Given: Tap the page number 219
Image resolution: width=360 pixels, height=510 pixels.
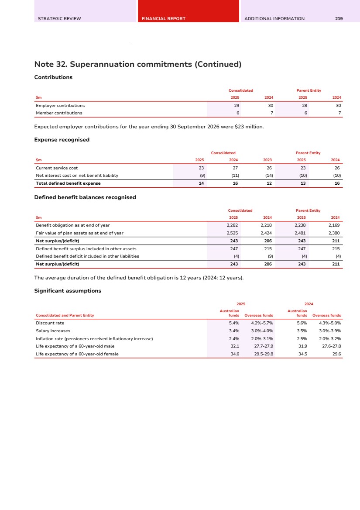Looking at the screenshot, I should tap(339, 19).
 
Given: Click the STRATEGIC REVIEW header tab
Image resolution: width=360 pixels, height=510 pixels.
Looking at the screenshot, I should tap(59, 19).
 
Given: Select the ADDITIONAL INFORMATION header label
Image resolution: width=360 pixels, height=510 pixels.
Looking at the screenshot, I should tap(274, 19).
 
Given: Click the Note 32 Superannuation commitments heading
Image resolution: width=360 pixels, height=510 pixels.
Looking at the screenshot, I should tap(138, 65).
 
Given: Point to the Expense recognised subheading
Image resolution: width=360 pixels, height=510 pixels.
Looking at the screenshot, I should tap(62, 140).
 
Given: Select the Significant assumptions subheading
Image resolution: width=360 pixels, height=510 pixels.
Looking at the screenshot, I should tap(68, 291).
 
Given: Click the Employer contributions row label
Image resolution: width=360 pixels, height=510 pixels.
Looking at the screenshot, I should tap(60, 106).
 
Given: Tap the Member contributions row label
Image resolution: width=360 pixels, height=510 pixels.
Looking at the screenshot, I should tap(59, 113).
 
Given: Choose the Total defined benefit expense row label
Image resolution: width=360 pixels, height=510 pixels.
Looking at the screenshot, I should tap(68, 183).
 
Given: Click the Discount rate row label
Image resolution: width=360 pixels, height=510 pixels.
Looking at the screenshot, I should tap(50, 323).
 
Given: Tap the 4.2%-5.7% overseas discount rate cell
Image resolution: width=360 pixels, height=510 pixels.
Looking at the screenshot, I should tap(262, 323).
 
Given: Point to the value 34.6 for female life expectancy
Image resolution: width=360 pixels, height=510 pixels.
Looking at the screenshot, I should tap(234, 354).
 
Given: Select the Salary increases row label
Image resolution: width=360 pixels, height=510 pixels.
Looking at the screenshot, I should tap(53, 331).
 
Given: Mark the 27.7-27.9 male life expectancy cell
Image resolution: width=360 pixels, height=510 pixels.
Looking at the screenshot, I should tap(263, 346).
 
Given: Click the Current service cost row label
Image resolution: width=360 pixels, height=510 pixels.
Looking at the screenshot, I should tap(57, 168).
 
